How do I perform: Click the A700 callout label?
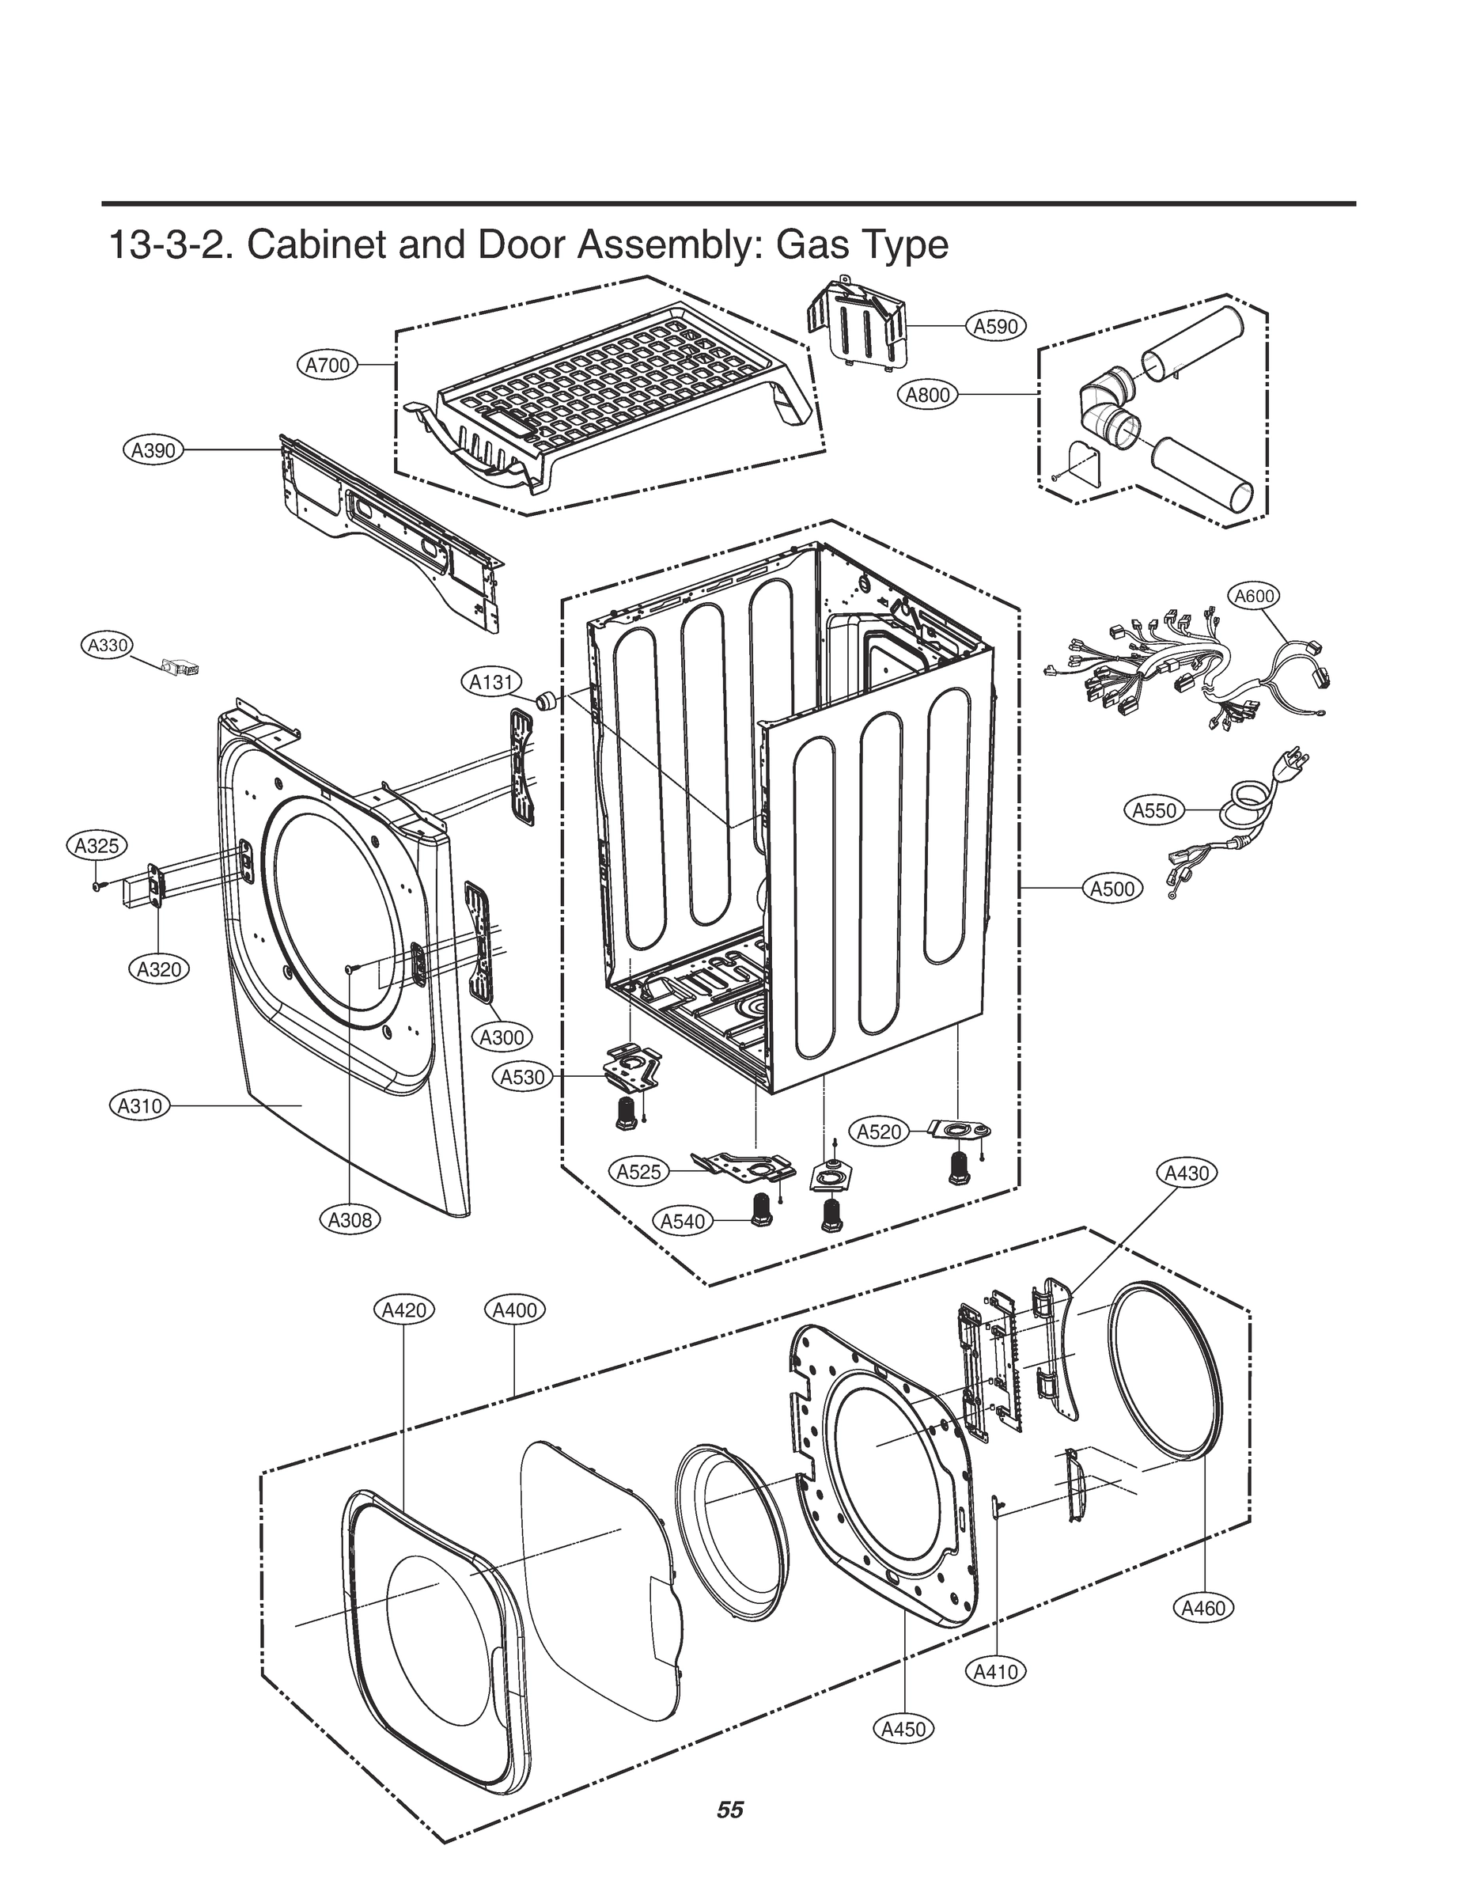(328, 366)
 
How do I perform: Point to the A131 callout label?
(490, 682)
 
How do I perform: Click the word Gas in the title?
(813, 245)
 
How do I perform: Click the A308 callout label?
(350, 1220)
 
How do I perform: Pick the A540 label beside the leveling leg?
(683, 1222)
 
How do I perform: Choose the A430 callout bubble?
(1187, 1173)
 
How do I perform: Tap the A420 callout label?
(404, 1310)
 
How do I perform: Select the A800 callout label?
(928, 395)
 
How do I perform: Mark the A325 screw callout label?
(97, 845)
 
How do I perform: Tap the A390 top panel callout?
(153, 450)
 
